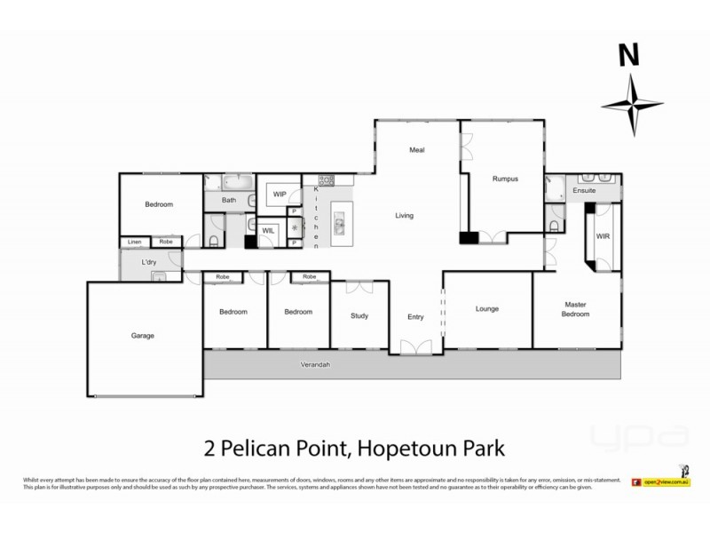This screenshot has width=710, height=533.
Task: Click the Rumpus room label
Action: (x=505, y=179)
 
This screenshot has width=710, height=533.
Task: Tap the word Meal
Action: (x=416, y=150)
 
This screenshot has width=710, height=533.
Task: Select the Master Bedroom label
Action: (x=576, y=309)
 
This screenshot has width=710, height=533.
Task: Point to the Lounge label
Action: (x=487, y=309)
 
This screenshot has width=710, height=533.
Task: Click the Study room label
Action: (x=359, y=314)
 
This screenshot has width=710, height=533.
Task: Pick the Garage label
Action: (x=143, y=336)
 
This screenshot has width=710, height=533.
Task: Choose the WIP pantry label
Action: (x=280, y=194)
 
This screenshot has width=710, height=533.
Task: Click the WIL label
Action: (x=268, y=230)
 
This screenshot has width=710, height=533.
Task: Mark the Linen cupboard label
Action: (x=135, y=242)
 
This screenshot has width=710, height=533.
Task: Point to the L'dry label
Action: (x=150, y=262)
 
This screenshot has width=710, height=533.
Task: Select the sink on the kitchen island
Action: (x=338, y=227)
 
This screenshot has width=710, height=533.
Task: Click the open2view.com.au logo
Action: (x=661, y=481)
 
